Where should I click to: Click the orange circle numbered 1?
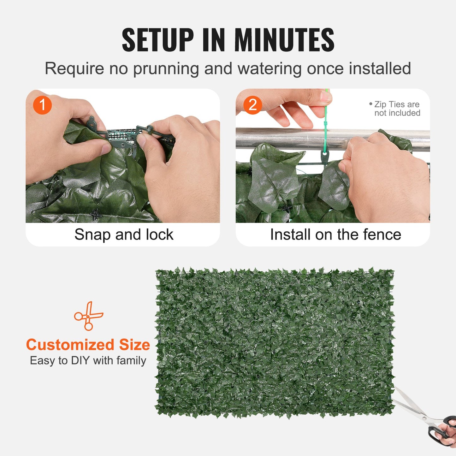42,105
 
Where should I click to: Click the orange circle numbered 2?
252,105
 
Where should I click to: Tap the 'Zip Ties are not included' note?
396,109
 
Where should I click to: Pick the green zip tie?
326,126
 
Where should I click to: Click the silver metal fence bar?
284,138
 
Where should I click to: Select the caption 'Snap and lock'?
124,234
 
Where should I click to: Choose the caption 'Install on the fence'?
335,234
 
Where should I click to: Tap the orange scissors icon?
88,316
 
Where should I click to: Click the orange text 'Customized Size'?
88,345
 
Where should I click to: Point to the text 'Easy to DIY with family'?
88,360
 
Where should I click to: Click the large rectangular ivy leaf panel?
275,342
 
